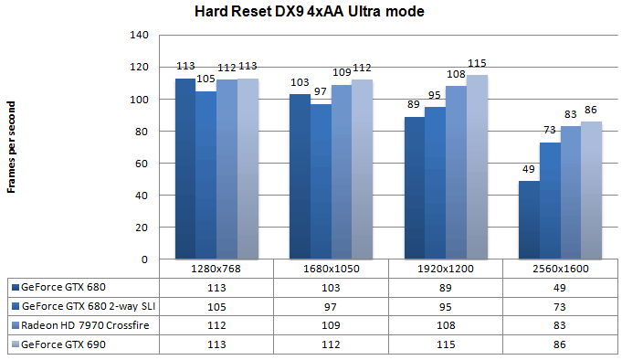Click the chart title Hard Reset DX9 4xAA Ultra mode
pos(310,12)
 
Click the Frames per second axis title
pos(12,146)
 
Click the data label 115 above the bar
pos(478,63)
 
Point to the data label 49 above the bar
pos(528,169)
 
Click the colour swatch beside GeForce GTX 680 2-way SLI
pos(15,305)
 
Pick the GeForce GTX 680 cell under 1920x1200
pos(446,286)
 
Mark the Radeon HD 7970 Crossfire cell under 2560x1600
pos(561,324)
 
